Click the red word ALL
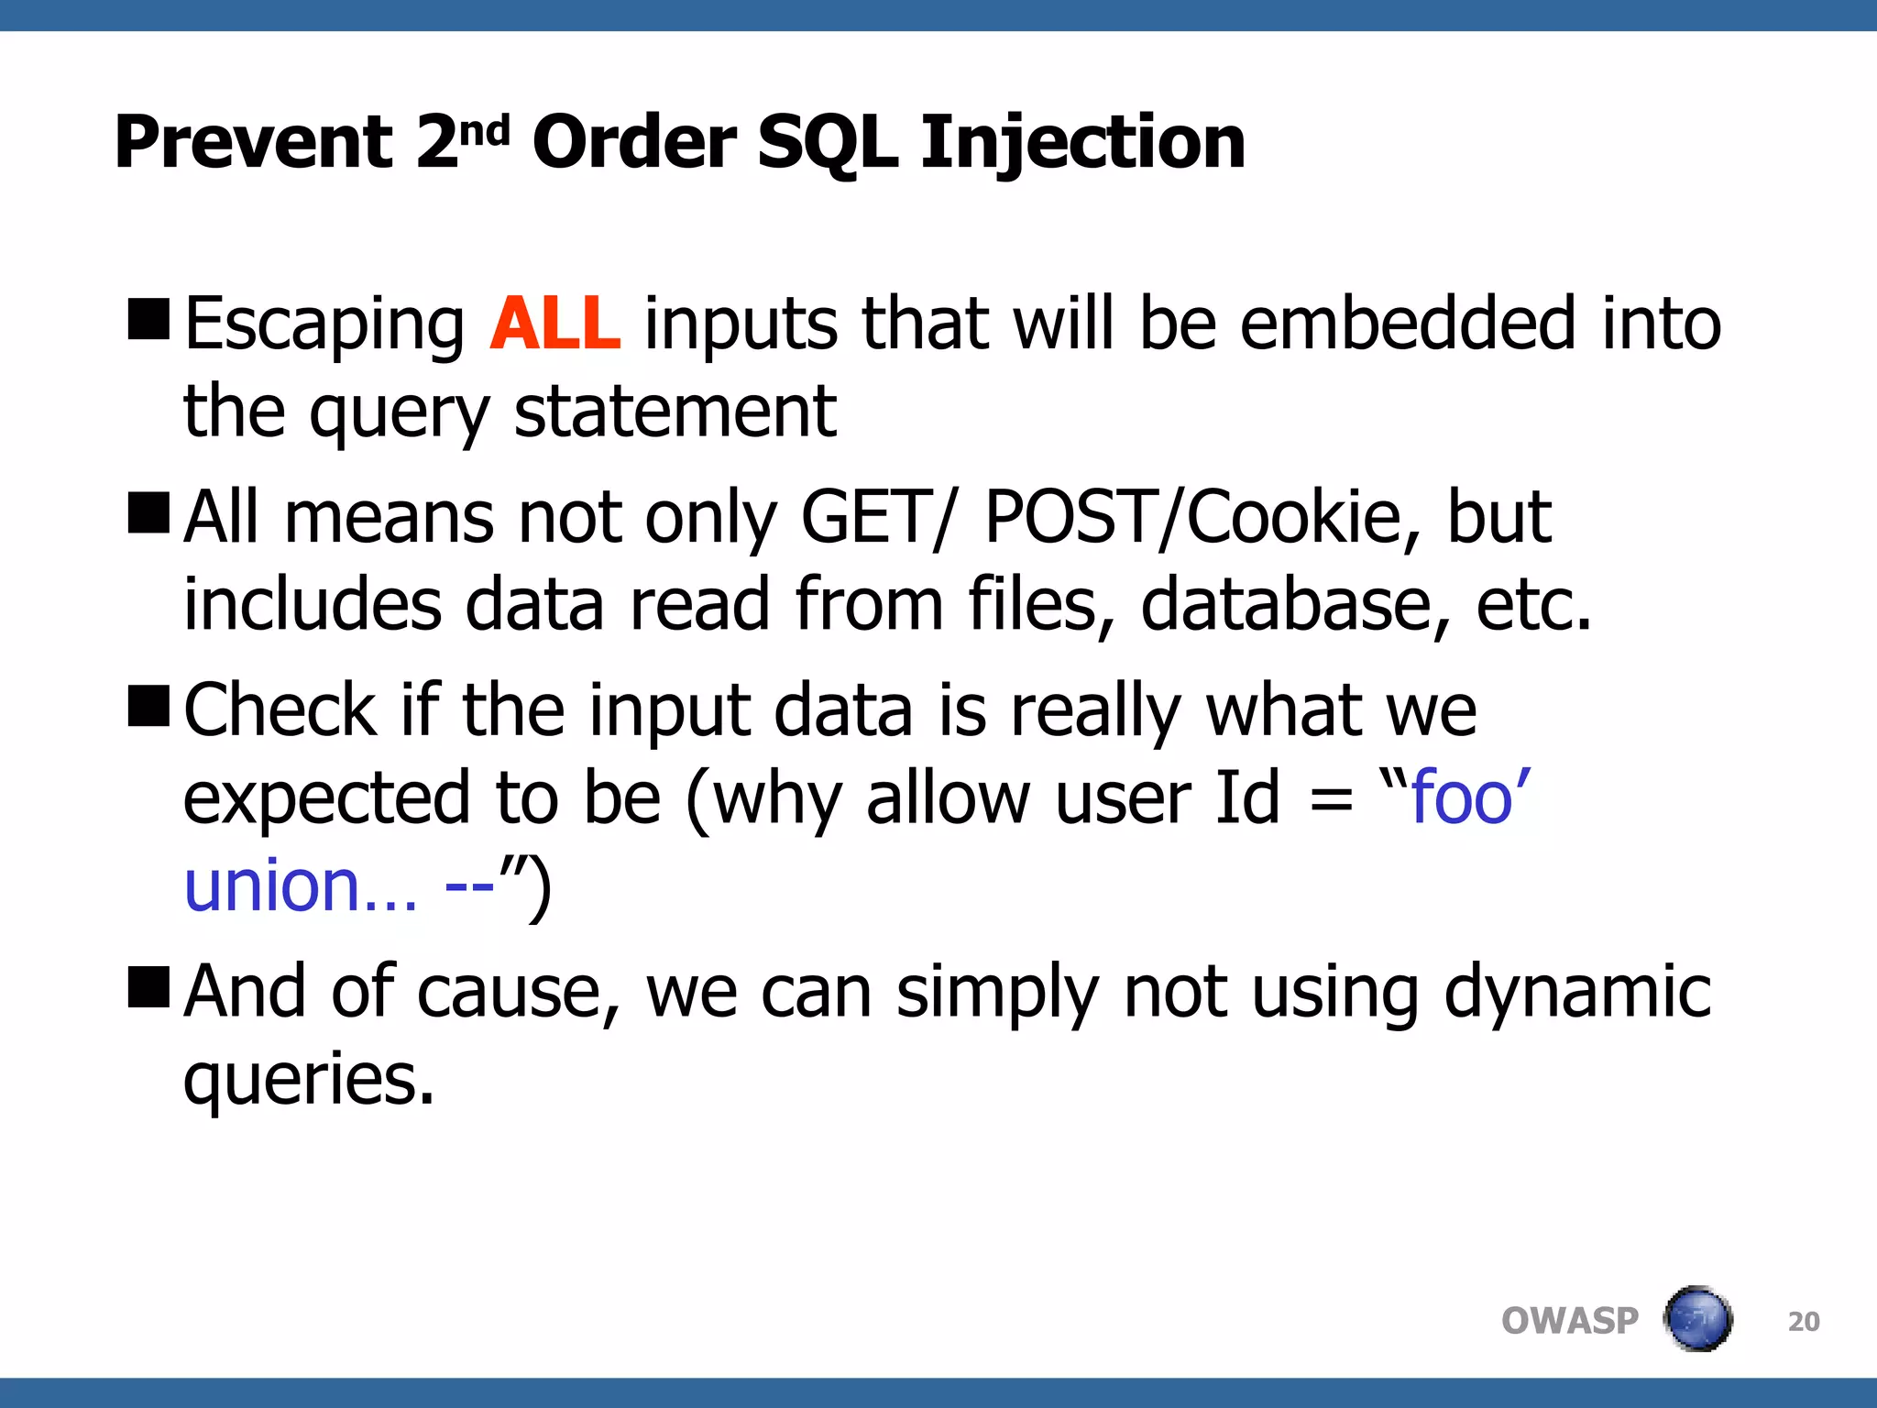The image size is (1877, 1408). click(x=555, y=324)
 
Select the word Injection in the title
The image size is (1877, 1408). click(x=1082, y=143)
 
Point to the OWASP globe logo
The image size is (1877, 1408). click(x=1697, y=1319)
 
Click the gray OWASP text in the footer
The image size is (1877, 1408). click(x=1569, y=1321)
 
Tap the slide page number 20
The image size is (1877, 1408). click(x=1803, y=1322)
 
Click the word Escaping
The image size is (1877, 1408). click(x=324, y=325)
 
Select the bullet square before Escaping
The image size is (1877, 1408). click(x=148, y=319)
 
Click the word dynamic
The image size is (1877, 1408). click(x=1576, y=992)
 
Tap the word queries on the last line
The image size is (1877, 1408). click(x=308, y=1080)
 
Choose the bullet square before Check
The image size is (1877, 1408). click(x=148, y=705)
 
